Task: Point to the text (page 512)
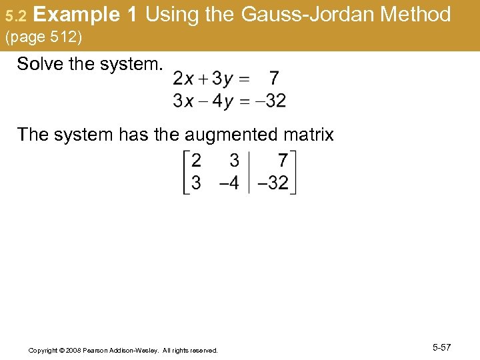(44, 38)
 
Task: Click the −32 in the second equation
(271, 101)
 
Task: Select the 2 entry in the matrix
(196, 161)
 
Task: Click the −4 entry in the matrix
(229, 183)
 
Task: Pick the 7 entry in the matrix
(283, 161)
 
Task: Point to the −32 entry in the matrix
(273, 183)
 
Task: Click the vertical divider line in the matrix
(249, 172)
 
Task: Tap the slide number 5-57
(441, 347)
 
